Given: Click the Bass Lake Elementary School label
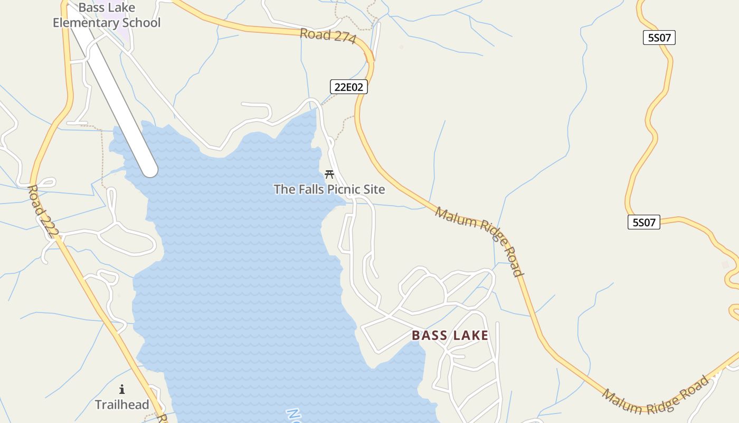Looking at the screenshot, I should click(106, 15).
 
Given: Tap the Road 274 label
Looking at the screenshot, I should click(328, 36).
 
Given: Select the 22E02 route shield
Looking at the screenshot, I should click(348, 87).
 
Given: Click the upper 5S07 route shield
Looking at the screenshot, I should click(659, 38).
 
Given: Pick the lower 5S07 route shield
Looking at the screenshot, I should click(643, 222).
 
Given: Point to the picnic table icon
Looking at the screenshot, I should click(329, 174).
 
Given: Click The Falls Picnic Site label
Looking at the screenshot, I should click(329, 189).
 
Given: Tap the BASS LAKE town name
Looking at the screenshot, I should click(450, 335).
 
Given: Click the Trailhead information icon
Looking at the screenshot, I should click(122, 390).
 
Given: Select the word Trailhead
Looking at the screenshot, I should click(122, 405).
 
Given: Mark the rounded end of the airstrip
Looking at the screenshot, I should click(150, 170).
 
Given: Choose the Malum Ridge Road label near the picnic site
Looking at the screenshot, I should click(479, 241).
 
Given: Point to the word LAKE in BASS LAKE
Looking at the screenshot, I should click(469, 335).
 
